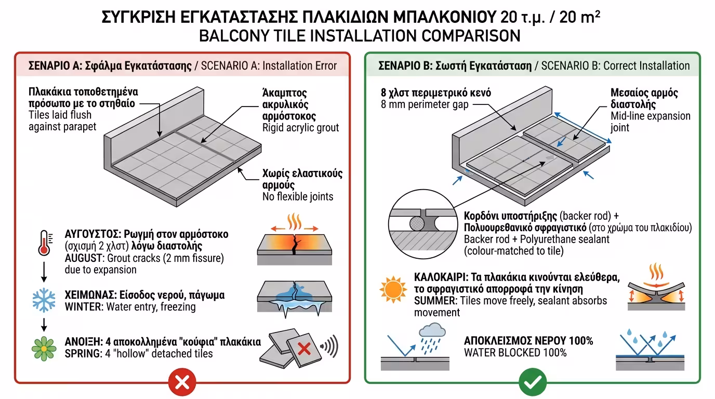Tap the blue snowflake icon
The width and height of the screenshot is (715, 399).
[x=44, y=300]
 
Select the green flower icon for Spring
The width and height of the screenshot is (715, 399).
[x=44, y=348]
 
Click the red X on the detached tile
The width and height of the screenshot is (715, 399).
[x=304, y=348]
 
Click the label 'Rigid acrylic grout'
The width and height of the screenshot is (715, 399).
[x=300, y=127]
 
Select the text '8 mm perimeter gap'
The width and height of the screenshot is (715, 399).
[x=425, y=104]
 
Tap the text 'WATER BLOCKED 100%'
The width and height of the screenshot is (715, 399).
[x=515, y=353]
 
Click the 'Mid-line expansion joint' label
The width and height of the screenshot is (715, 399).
[x=650, y=122]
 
